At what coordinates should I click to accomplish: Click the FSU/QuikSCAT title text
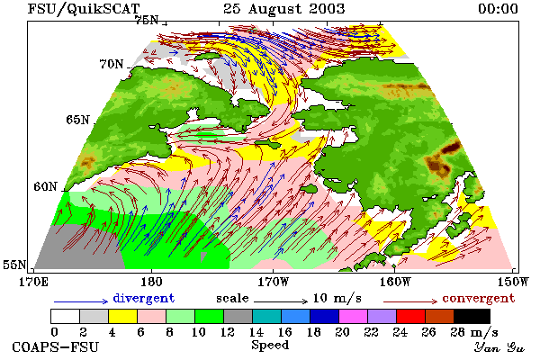84,9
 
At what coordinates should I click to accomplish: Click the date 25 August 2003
284,9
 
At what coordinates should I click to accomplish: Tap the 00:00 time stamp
498,9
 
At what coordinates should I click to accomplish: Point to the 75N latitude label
147,21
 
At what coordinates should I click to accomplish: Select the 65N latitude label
77,120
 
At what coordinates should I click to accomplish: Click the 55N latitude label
14,265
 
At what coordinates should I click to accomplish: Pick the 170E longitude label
33,282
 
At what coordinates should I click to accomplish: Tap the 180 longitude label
151,282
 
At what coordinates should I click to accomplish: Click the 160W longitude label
395,282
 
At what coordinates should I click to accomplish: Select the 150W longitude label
513,282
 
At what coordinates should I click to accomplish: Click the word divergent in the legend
144,298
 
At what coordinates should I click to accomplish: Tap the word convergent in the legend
479,298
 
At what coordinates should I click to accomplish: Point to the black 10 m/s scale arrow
281,301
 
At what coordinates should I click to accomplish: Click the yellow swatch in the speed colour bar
122,316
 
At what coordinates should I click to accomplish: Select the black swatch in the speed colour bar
472,316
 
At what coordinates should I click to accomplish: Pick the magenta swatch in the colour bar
354,316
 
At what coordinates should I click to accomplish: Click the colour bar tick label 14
256,332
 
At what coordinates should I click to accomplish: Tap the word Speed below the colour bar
270,346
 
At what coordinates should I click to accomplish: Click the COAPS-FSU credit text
56,346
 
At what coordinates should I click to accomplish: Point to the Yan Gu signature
499,347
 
